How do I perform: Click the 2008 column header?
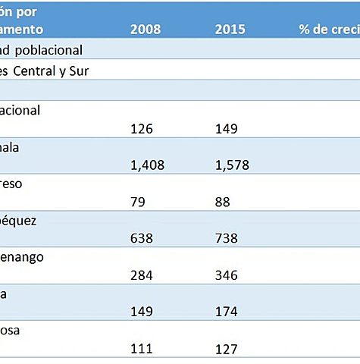[x=145, y=30]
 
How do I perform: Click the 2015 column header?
[x=230, y=30]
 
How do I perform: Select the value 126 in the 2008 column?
[x=142, y=128]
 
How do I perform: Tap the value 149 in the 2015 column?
[x=227, y=128]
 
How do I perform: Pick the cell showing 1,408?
[x=148, y=165]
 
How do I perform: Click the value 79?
[x=138, y=202]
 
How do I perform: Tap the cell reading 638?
[x=142, y=238]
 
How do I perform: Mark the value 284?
[x=142, y=275]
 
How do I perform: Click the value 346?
[x=227, y=275]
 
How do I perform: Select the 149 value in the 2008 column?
[x=142, y=312]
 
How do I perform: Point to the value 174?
[x=227, y=312]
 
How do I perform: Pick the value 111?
[x=142, y=349]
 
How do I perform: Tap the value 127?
[x=227, y=349]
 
